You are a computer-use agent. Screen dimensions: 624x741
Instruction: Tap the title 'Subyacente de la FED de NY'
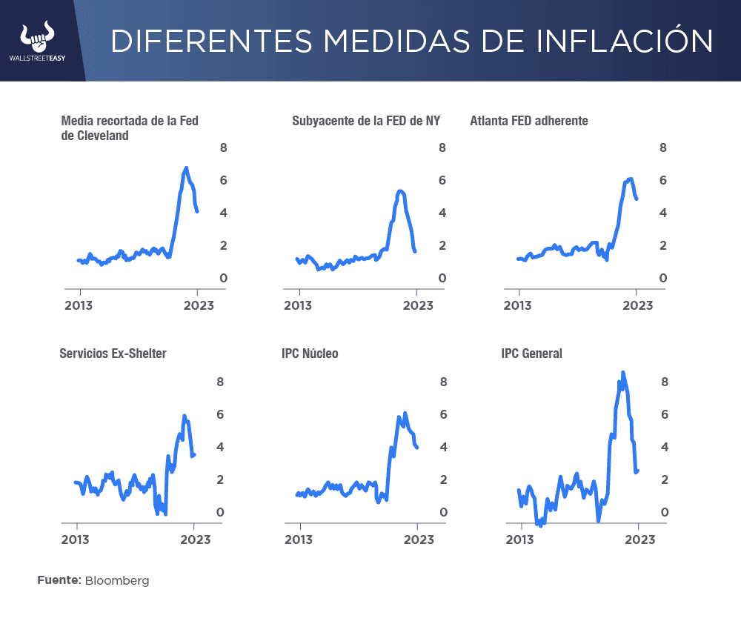(x=366, y=121)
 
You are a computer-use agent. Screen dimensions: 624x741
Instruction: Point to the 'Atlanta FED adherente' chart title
(x=529, y=121)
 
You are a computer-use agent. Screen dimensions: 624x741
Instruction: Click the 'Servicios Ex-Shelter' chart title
(x=113, y=354)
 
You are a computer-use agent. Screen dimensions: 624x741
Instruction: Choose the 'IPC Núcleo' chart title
(x=310, y=354)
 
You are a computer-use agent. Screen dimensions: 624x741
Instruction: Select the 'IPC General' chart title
(x=531, y=354)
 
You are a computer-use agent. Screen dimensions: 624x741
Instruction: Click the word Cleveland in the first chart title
(x=95, y=136)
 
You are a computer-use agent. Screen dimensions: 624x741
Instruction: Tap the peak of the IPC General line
(x=622, y=372)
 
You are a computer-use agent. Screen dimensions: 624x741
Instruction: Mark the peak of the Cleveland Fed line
(x=186, y=168)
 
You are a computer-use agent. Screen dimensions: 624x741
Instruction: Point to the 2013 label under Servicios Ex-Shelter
(x=76, y=540)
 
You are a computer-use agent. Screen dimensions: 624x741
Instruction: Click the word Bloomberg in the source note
(x=117, y=580)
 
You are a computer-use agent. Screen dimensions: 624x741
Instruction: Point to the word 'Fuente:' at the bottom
(x=59, y=580)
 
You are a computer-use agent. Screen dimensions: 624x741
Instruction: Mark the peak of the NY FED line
(x=400, y=191)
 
